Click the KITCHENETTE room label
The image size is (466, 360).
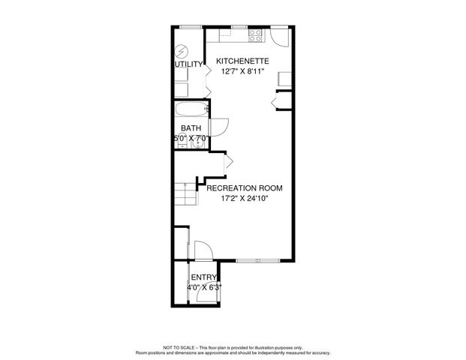point(242,61)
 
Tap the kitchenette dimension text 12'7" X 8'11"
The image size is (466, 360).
point(242,72)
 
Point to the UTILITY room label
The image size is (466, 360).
point(188,64)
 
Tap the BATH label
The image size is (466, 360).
point(191,128)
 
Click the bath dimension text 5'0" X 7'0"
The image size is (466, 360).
point(191,139)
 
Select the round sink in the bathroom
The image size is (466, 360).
point(193,145)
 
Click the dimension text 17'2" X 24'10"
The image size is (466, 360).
point(245,199)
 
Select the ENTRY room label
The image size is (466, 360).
point(203,277)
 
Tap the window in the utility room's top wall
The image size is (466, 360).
point(191,27)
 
